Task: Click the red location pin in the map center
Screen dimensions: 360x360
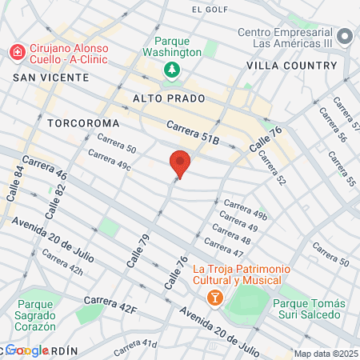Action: click(180, 163)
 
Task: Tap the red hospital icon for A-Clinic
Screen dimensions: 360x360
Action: click(16, 53)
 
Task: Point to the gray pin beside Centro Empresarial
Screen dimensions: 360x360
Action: click(345, 37)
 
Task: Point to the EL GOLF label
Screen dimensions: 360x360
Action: click(210, 10)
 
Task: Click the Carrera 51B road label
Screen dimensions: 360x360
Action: click(193, 132)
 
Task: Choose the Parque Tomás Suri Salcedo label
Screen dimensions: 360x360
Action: click(309, 310)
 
